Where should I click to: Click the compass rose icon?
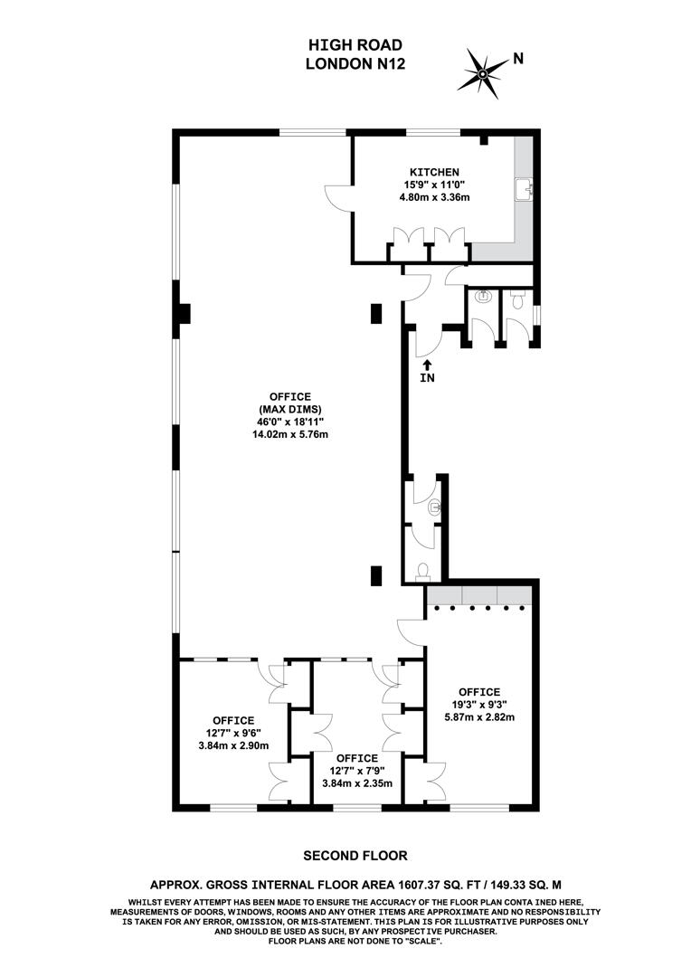(x=483, y=72)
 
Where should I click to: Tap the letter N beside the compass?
(x=518, y=59)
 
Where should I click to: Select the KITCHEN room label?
(x=435, y=172)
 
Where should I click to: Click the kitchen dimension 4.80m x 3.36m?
(x=435, y=197)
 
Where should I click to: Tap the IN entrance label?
(x=427, y=378)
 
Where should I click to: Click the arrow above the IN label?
(x=427, y=364)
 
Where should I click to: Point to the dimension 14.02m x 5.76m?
(x=289, y=434)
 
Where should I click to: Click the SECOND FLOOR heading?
(x=355, y=855)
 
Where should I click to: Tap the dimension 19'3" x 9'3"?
(x=478, y=705)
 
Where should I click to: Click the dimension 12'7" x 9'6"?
(x=233, y=734)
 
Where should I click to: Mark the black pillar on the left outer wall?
(x=183, y=313)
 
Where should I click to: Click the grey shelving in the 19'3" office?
(x=479, y=595)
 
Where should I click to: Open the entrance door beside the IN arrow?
(x=426, y=340)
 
